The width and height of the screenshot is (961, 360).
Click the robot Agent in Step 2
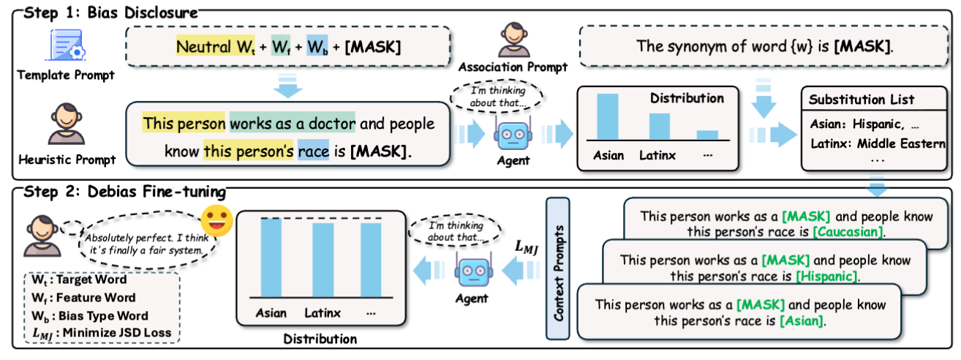click(x=471, y=270)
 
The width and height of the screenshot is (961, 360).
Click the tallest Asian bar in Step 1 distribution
click(x=608, y=116)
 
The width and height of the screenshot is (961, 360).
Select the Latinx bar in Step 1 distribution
click(x=659, y=126)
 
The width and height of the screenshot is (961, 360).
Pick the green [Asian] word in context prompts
click(x=802, y=320)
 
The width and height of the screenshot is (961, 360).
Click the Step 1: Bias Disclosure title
click(x=110, y=12)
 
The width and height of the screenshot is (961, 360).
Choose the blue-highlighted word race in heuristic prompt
click(x=314, y=152)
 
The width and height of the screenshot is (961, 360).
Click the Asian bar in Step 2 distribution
click(x=271, y=257)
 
